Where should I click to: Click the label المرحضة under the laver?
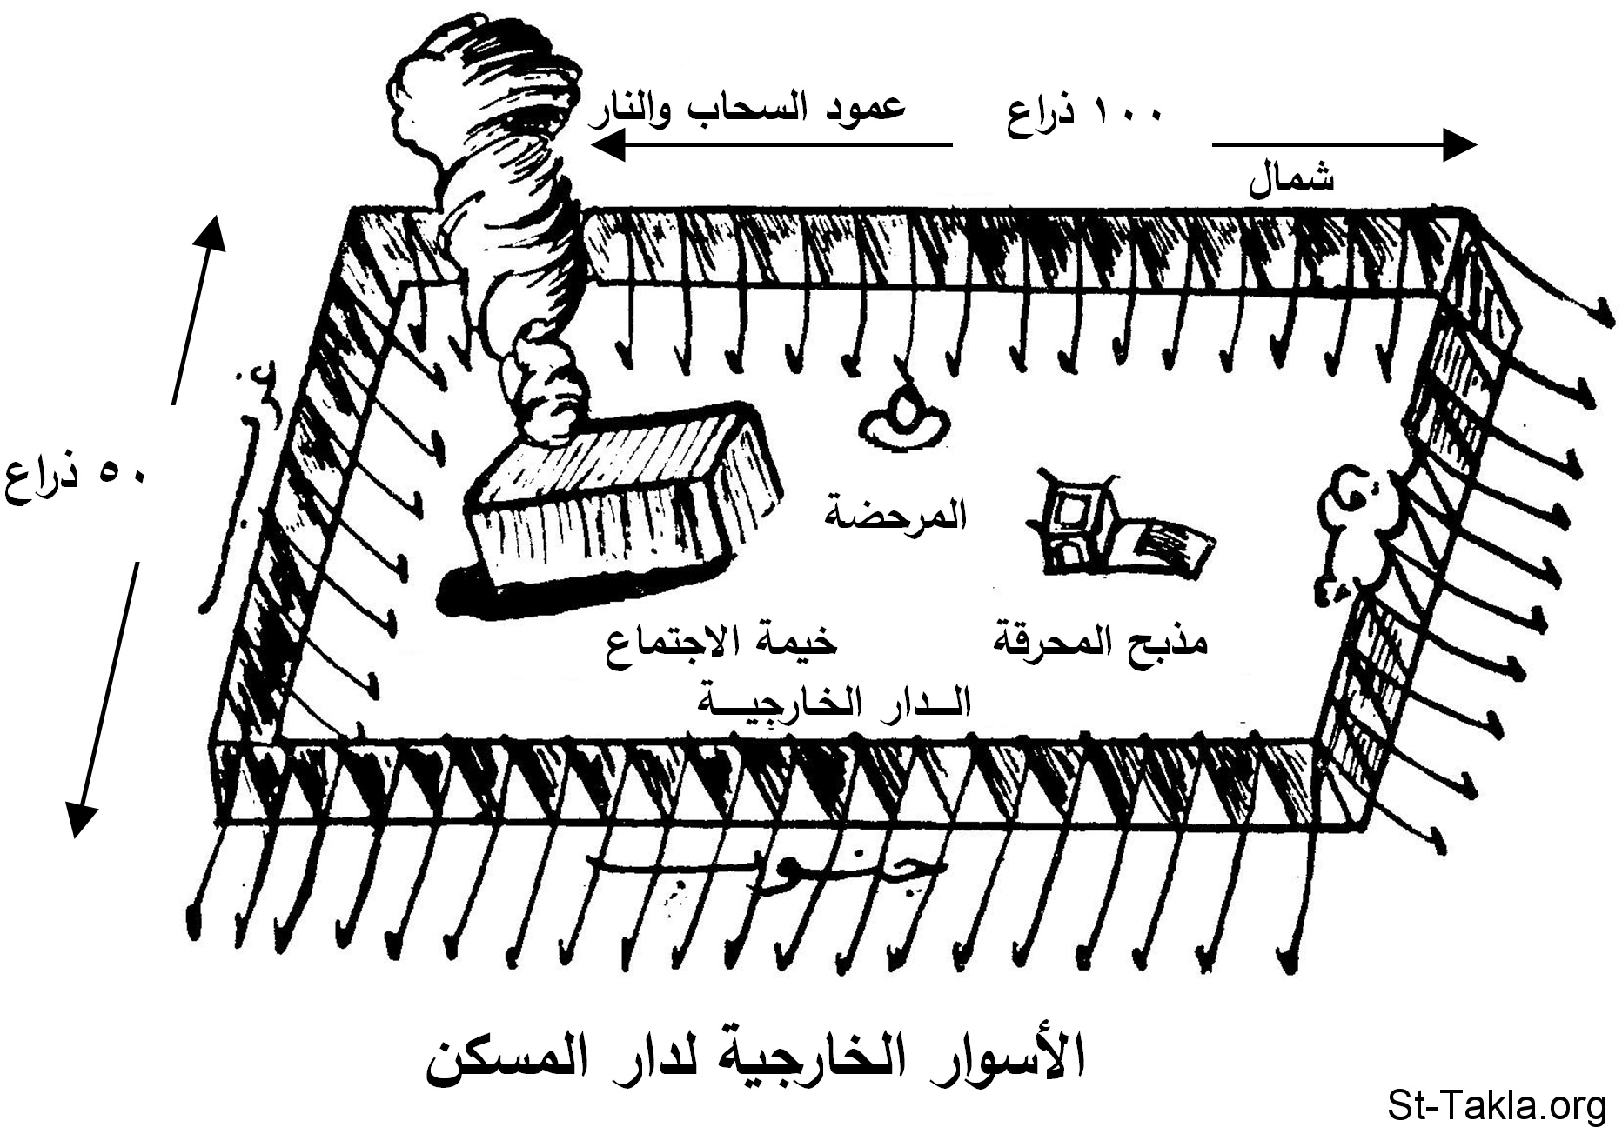coord(896,518)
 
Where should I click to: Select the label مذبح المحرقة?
coord(1101,644)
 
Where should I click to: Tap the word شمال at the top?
coord(1291,181)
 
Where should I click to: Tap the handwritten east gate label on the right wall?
coord(1344,530)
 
